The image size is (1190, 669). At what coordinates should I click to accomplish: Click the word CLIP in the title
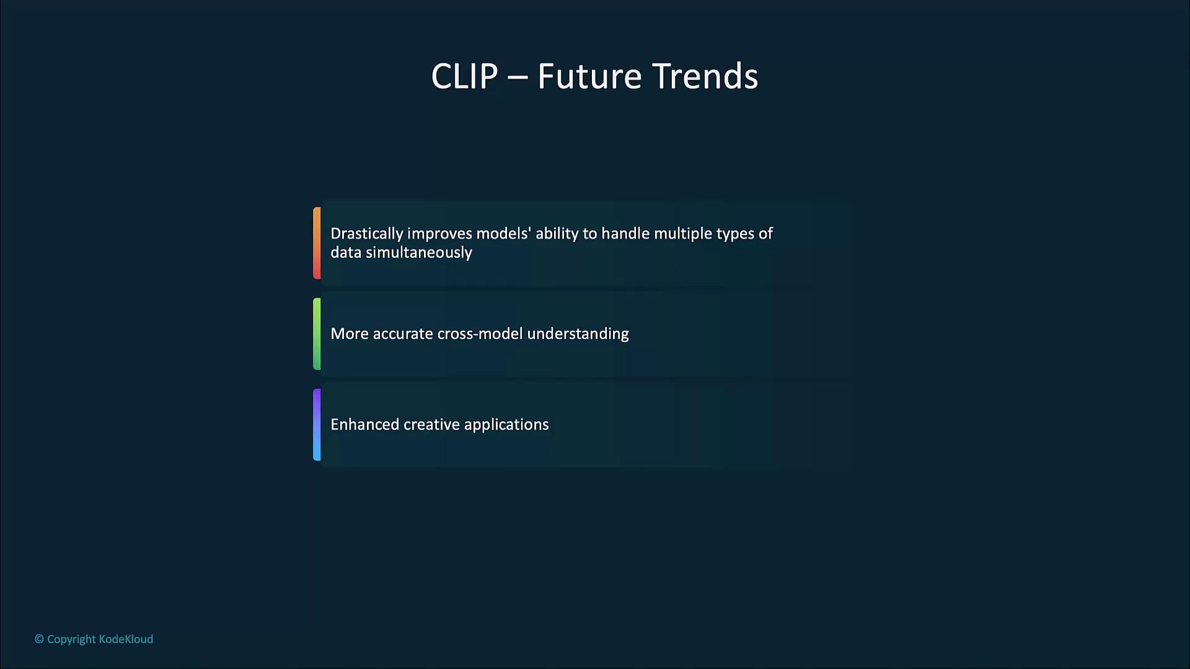464,77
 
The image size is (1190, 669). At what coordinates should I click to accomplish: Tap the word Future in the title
589,77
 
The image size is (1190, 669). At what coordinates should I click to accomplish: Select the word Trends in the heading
705,77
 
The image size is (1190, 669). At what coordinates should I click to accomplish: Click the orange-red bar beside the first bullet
317,243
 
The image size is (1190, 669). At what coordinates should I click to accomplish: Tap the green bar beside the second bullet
317,334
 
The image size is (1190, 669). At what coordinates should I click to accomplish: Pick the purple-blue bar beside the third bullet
317,425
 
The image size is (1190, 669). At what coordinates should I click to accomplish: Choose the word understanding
578,334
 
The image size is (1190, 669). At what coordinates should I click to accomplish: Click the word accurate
403,334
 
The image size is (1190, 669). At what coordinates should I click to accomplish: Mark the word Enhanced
364,424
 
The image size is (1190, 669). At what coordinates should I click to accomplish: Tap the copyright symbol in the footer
39,639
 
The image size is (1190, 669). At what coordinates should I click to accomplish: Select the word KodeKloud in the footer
126,639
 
